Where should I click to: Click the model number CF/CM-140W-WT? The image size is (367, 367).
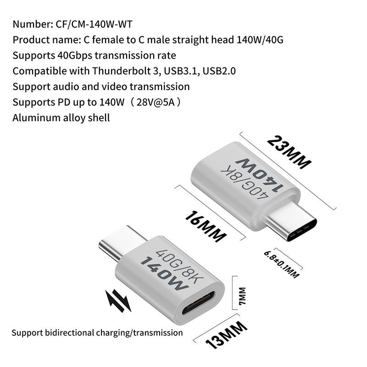[94, 24]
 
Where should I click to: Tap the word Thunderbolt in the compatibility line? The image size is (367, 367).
[122, 71]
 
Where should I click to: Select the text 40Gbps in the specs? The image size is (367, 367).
[75, 56]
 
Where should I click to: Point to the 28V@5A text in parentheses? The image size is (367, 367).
[156, 102]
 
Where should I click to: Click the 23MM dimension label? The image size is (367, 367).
[289, 152]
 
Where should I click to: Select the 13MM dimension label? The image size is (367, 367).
[226, 335]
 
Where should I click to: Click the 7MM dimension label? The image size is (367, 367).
[242, 296]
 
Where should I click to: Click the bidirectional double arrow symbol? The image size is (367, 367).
[118, 301]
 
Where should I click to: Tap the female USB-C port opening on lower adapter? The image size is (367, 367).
[198, 303]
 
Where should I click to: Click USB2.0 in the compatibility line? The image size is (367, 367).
[219, 71]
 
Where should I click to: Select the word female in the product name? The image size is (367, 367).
[108, 40]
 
